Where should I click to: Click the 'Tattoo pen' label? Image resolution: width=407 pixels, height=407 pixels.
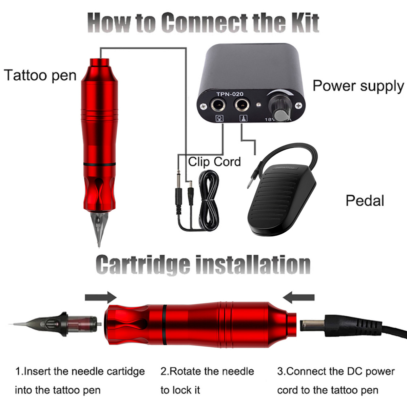pos(40,75)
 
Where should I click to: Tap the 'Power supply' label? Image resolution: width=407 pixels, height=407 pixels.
pos(358,86)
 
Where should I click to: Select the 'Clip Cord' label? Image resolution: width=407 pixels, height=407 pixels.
pos(214,161)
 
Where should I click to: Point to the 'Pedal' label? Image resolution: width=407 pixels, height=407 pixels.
pos(365,200)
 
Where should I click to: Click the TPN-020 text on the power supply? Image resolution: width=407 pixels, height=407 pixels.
pos(230,94)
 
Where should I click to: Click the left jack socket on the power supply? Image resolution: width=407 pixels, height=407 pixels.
pos(217,105)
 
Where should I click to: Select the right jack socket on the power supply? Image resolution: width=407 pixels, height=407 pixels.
pos(242,105)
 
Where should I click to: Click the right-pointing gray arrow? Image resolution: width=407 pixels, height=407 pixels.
pos(101,298)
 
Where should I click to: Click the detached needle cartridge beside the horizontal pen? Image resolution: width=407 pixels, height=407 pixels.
pos(68,325)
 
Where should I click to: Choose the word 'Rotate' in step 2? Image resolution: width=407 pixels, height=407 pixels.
pos(186,371)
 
